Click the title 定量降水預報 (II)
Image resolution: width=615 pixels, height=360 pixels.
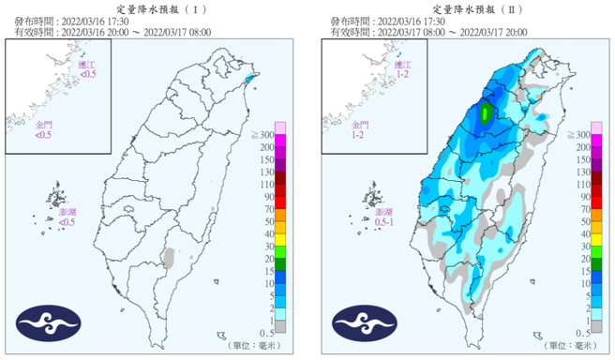point(468,7)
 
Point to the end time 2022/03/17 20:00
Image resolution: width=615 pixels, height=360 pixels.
point(499,31)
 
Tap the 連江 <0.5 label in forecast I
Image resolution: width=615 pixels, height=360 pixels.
point(87,68)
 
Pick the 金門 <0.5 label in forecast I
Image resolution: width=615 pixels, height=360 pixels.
point(44,128)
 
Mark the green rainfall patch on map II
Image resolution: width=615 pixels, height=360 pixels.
point(485,113)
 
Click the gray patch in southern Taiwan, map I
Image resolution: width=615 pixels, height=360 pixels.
point(169,255)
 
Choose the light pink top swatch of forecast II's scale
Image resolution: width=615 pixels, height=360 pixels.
point(596,128)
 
